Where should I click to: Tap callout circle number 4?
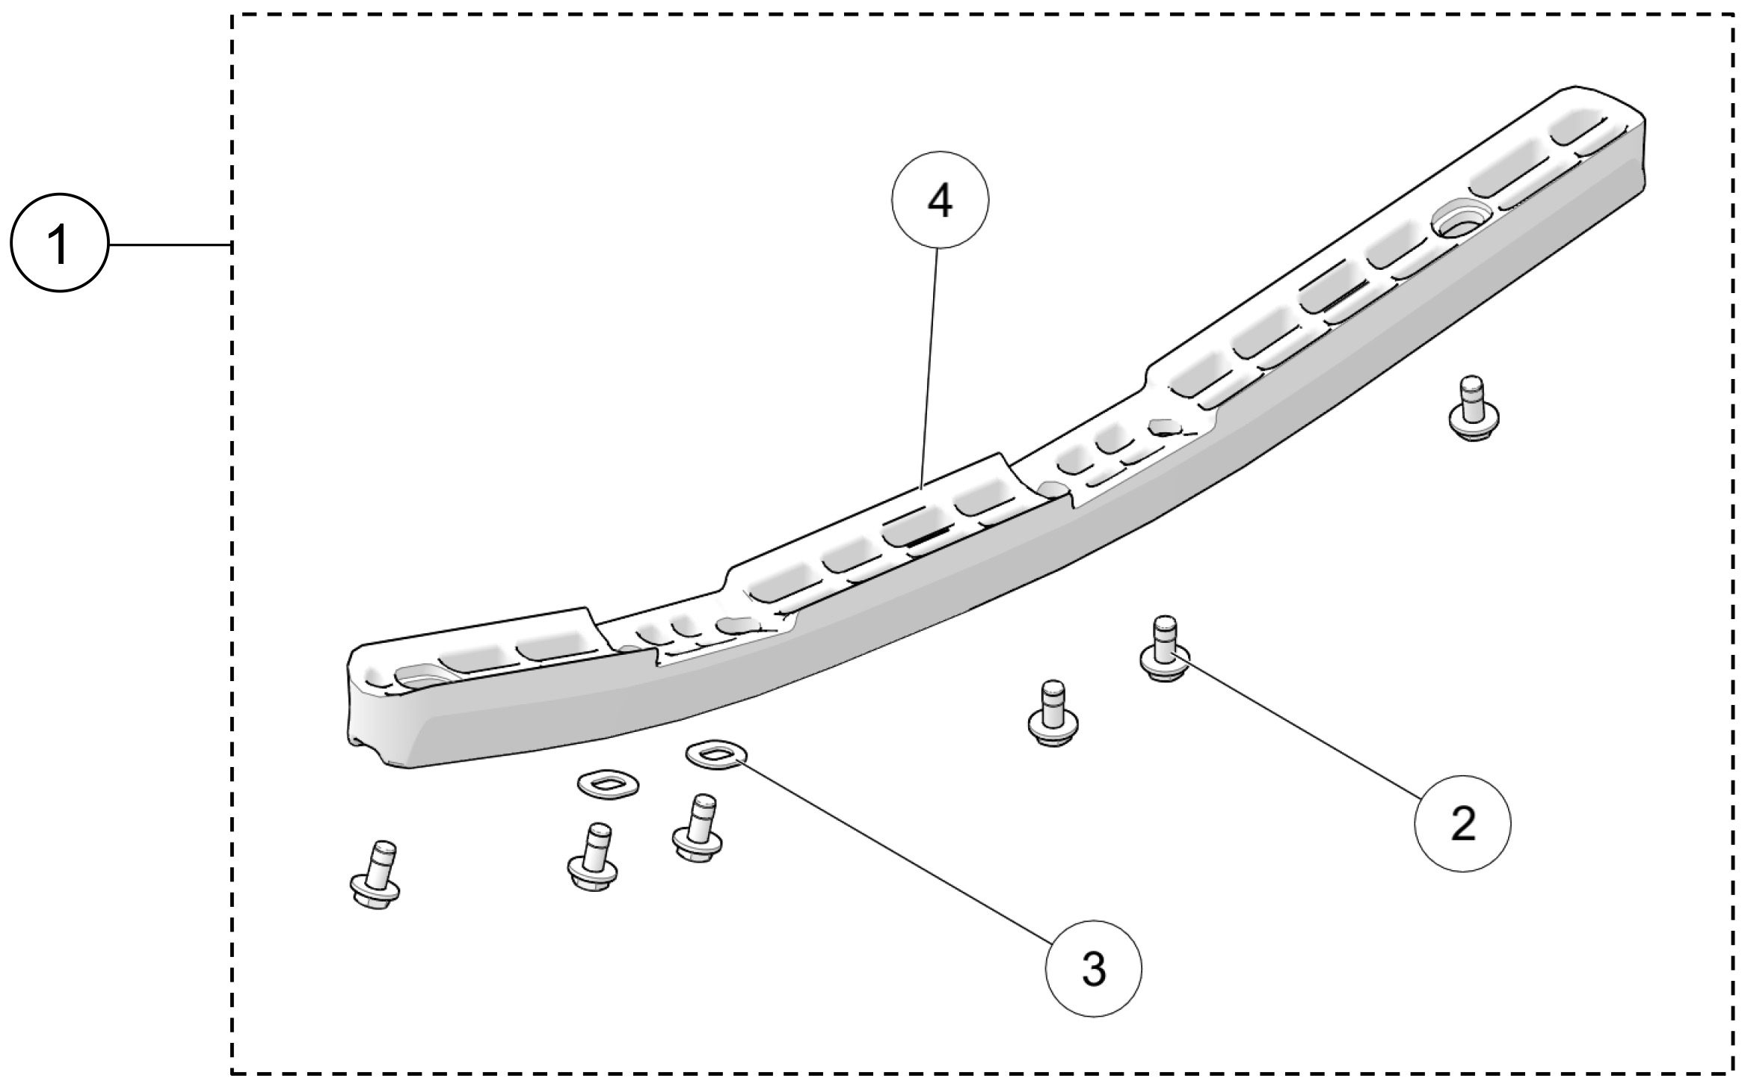click(x=940, y=201)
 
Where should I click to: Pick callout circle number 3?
click(x=1093, y=969)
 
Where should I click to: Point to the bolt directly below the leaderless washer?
click(x=592, y=859)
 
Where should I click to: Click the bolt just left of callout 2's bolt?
click(x=1053, y=715)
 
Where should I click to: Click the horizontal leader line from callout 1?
click(x=169, y=244)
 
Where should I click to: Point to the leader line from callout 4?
click(x=931, y=366)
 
